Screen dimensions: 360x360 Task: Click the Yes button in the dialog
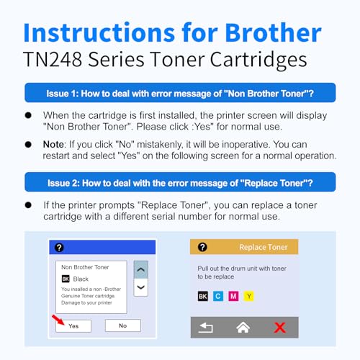tap(73, 325)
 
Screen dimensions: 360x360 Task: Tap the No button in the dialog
tap(122, 325)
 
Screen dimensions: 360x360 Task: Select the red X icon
tap(279, 328)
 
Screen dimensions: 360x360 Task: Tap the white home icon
tap(243, 328)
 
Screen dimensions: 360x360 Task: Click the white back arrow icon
tap(206, 328)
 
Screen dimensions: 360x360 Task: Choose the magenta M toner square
tap(233, 295)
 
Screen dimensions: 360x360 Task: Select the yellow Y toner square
tap(248, 295)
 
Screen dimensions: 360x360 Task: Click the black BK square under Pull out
tap(202, 295)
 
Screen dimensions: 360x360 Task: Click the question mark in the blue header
tap(59, 247)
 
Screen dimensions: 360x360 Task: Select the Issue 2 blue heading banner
tap(180, 181)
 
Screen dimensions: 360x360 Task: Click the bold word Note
tap(55, 144)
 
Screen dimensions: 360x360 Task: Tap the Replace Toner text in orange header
tap(263, 247)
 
